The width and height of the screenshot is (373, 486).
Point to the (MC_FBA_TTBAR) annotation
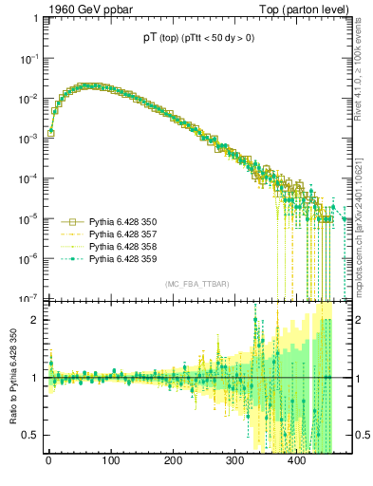click(x=194, y=285)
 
